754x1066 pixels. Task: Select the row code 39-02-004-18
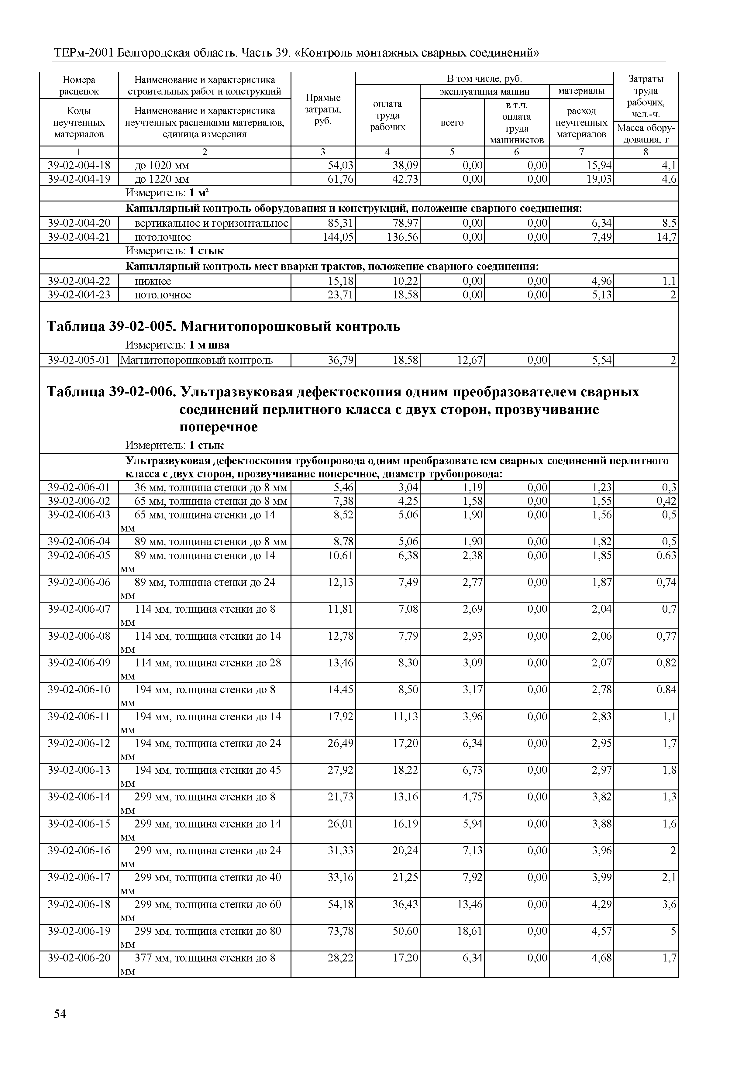tap(79, 165)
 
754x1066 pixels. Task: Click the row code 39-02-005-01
tap(79, 360)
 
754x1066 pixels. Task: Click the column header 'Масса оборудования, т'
tap(646, 134)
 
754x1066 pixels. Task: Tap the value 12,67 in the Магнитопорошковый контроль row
tap(470, 360)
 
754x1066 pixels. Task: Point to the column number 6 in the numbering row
tap(516, 152)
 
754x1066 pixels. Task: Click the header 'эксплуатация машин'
tap(484, 91)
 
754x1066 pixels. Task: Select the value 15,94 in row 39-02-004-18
tap(599, 165)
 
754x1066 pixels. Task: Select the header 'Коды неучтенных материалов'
tap(79, 122)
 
